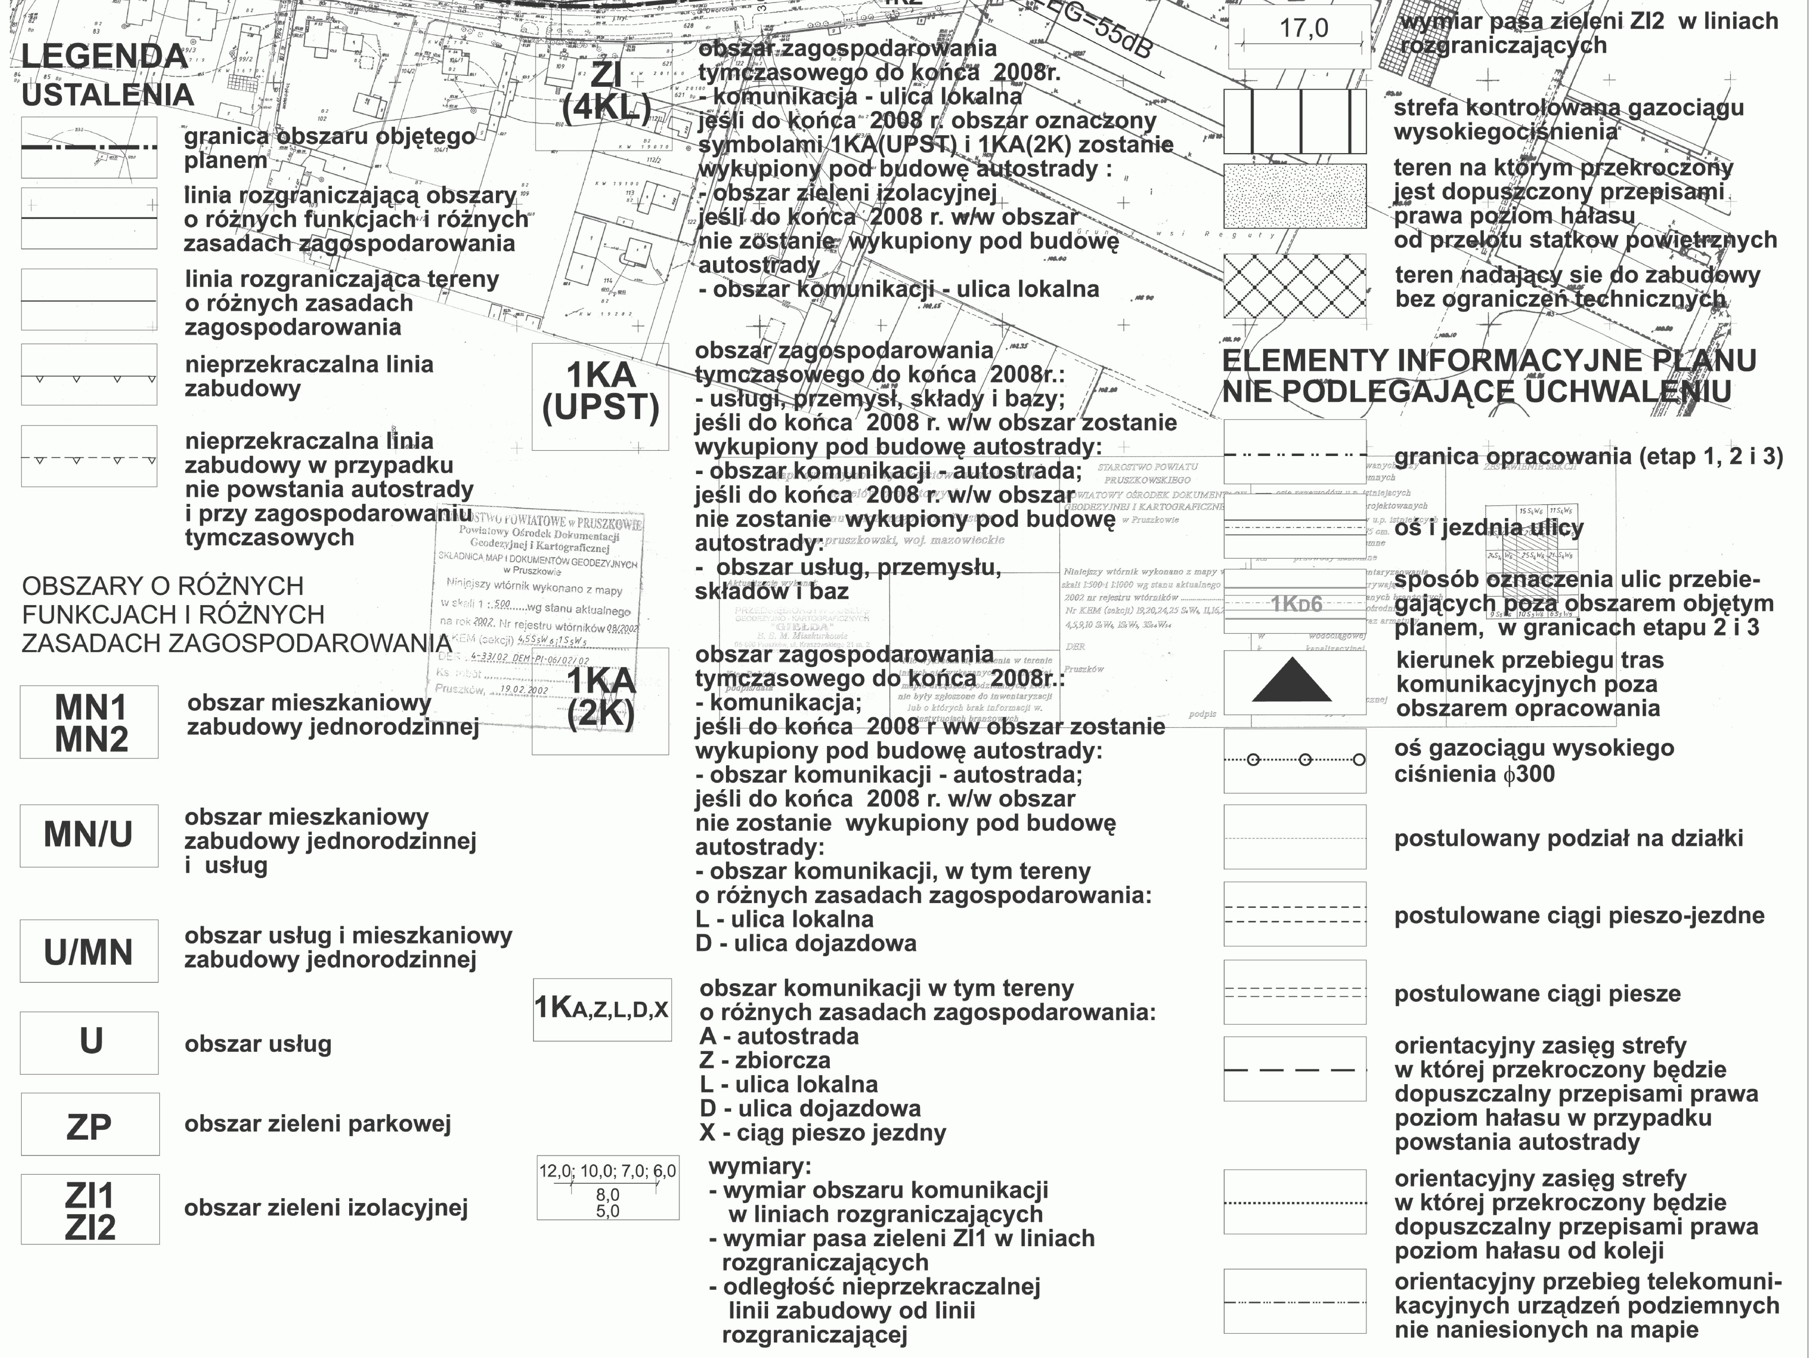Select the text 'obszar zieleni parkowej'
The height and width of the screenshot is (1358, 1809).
(x=317, y=1124)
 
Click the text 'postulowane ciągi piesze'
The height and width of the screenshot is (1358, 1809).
(x=1538, y=994)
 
